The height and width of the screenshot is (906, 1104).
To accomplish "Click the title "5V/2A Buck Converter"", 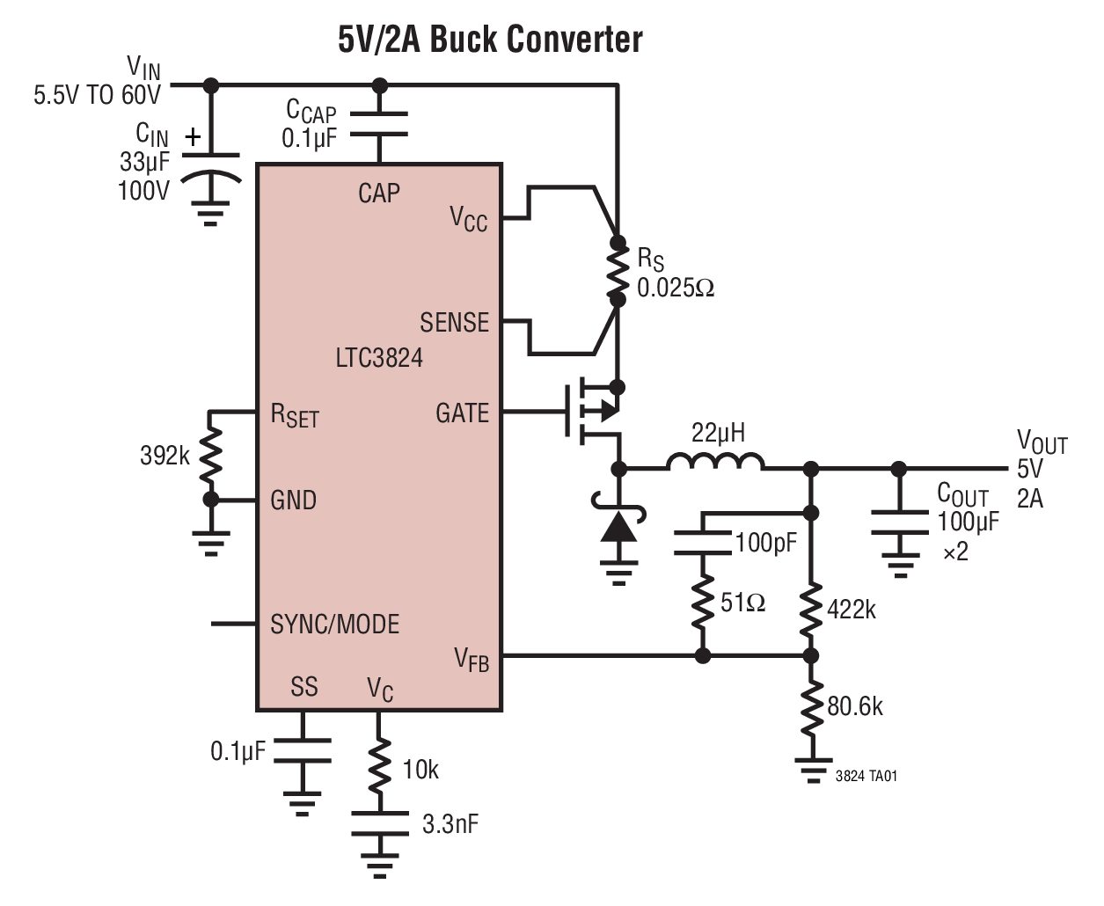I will tap(490, 40).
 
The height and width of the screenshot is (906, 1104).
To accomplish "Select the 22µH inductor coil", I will tap(714, 463).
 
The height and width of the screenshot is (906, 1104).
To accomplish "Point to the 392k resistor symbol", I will tap(210, 456).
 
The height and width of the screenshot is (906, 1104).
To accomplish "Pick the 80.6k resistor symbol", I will tap(811, 705).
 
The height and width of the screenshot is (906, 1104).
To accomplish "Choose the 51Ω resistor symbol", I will tap(702, 603).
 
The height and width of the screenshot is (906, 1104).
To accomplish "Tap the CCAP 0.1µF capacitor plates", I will tap(379, 124).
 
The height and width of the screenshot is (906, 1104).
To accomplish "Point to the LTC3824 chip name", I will tap(379, 358).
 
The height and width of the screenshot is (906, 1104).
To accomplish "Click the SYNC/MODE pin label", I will tap(334, 625).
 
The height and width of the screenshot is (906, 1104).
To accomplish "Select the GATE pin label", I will tap(462, 413).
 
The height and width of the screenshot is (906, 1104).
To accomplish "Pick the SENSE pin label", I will tap(454, 323).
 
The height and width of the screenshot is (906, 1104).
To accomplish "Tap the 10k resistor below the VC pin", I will tap(379, 767).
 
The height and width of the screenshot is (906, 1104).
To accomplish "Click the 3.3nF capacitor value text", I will tap(450, 824).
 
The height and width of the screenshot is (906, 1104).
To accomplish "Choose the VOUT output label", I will tap(1042, 442).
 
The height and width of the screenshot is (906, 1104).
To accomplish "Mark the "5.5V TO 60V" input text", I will tap(98, 95).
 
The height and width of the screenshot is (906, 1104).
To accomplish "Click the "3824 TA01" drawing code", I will tap(866, 776).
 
